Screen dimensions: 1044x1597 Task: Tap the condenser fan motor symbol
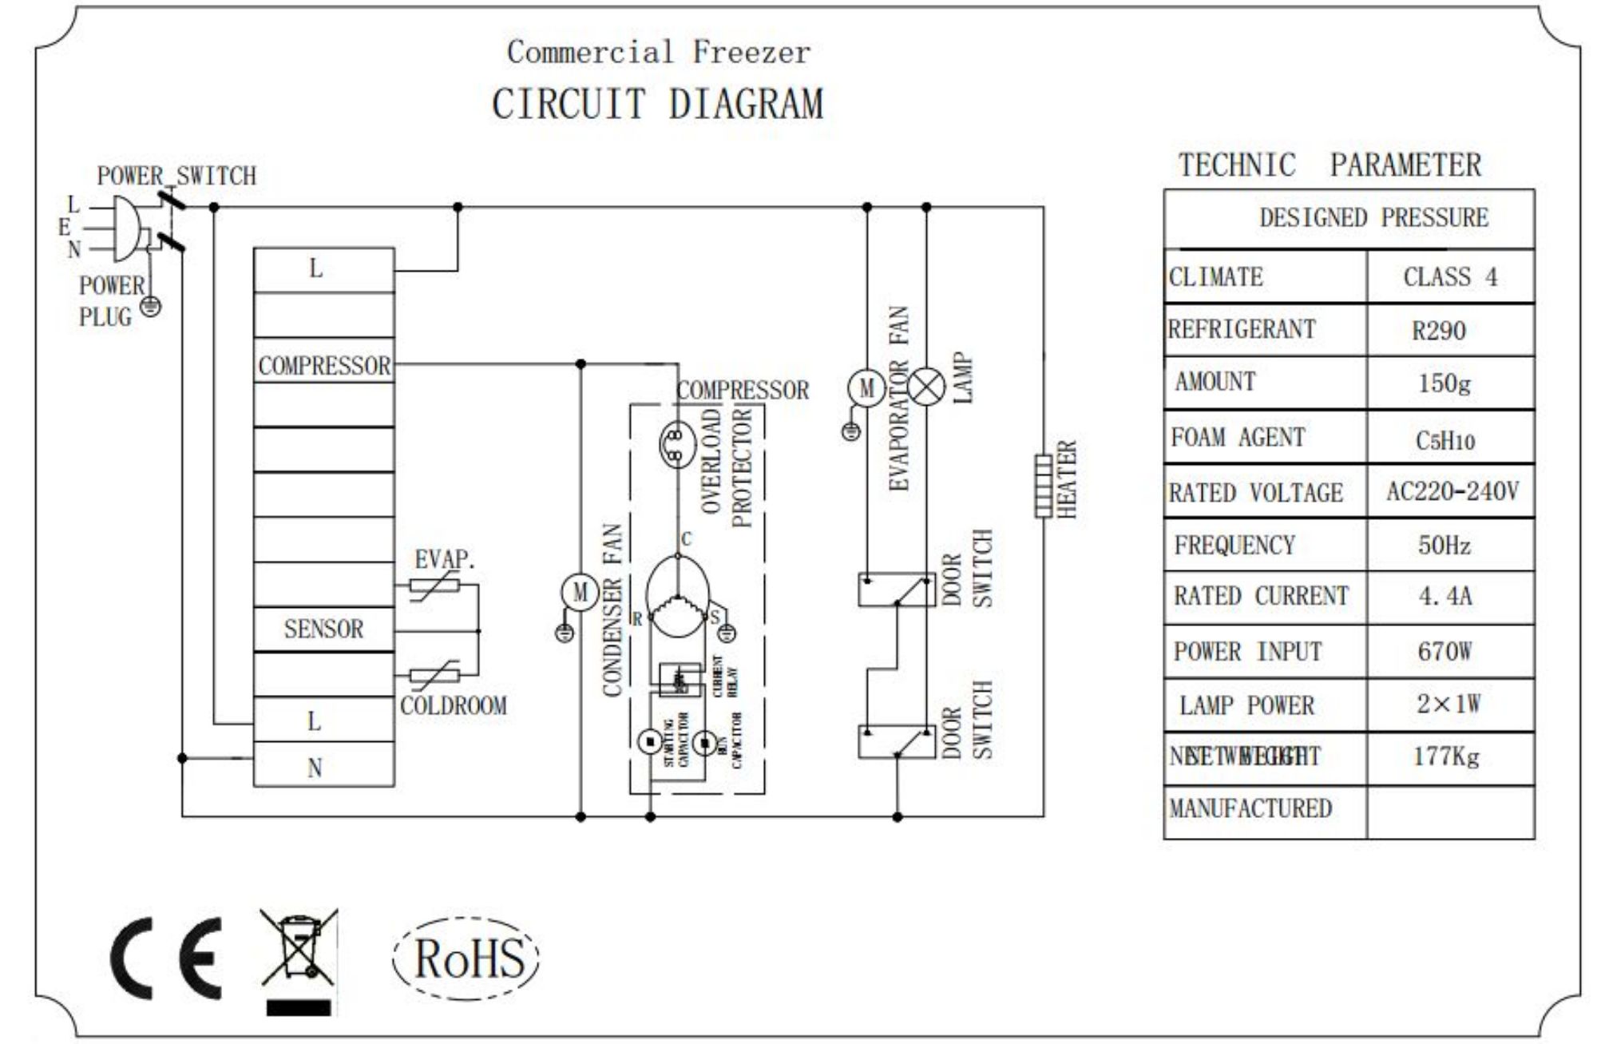pyautogui.click(x=580, y=593)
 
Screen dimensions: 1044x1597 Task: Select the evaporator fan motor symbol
pyautogui.click(x=866, y=388)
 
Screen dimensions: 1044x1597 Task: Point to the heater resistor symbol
pyautogui.click(x=1043, y=486)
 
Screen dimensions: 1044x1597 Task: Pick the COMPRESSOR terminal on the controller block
pyautogui.click(x=323, y=366)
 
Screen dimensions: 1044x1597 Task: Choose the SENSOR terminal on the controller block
pyautogui.click(x=323, y=629)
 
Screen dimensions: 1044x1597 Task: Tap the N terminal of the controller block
pyautogui.click(x=315, y=768)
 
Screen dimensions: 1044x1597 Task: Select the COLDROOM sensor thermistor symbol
pyautogui.click(x=435, y=676)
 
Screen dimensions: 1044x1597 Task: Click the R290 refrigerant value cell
pyautogui.click(x=1439, y=331)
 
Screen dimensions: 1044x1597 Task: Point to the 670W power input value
pyautogui.click(x=1444, y=652)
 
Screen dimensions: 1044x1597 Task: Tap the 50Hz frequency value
pyautogui.click(x=1444, y=546)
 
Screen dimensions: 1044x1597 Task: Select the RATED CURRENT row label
pyautogui.click(x=1261, y=597)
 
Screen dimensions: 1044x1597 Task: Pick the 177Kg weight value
pyautogui.click(x=1445, y=756)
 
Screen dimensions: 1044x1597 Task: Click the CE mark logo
pyautogui.click(x=166, y=958)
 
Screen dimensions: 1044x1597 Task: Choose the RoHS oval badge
pyautogui.click(x=467, y=958)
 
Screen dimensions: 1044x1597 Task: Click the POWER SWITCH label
pyautogui.click(x=176, y=176)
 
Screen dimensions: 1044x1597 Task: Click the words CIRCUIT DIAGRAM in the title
pyautogui.click(x=657, y=104)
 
